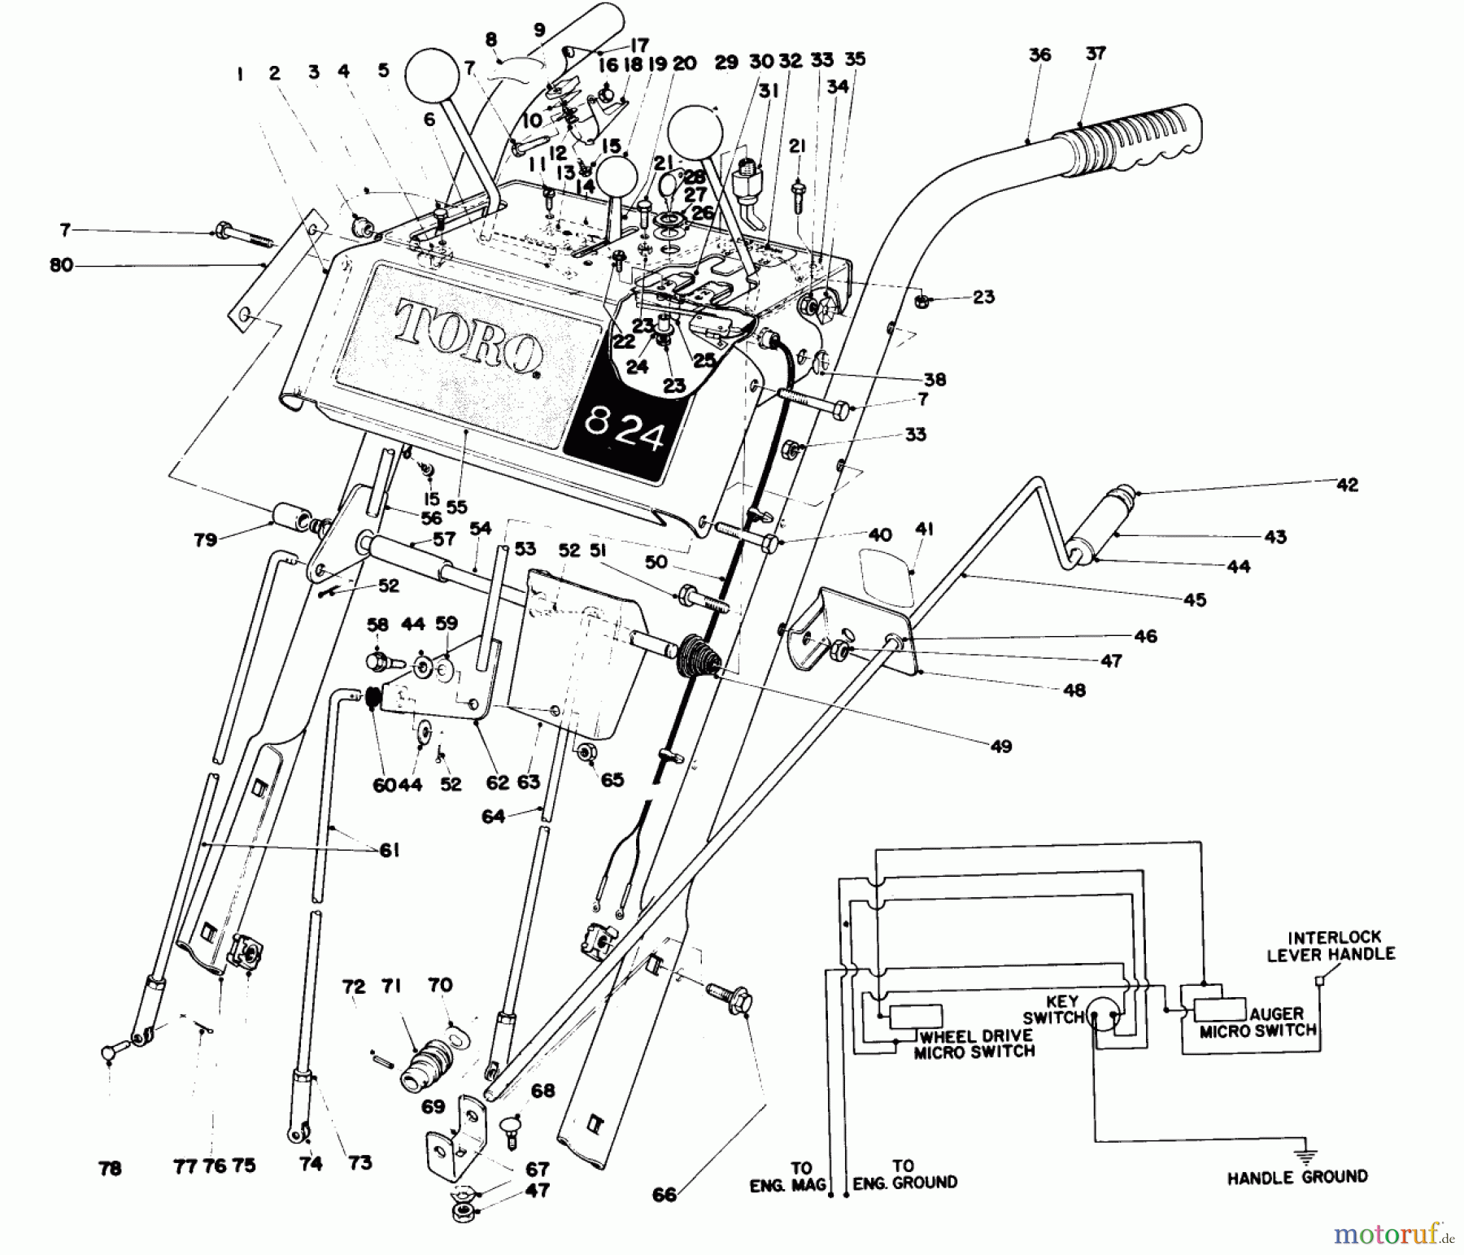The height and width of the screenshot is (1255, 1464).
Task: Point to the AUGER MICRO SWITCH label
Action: click(1257, 1022)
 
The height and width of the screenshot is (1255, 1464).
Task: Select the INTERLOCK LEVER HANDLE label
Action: click(1331, 945)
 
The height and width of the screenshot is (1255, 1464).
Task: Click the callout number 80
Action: click(61, 264)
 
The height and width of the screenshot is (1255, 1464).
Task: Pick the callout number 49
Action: click(1001, 745)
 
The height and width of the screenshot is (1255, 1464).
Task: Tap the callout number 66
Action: click(664, 1194)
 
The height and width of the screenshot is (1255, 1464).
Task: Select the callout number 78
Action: click(109, 1168)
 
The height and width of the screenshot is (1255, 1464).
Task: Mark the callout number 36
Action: click(1039, 54)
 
